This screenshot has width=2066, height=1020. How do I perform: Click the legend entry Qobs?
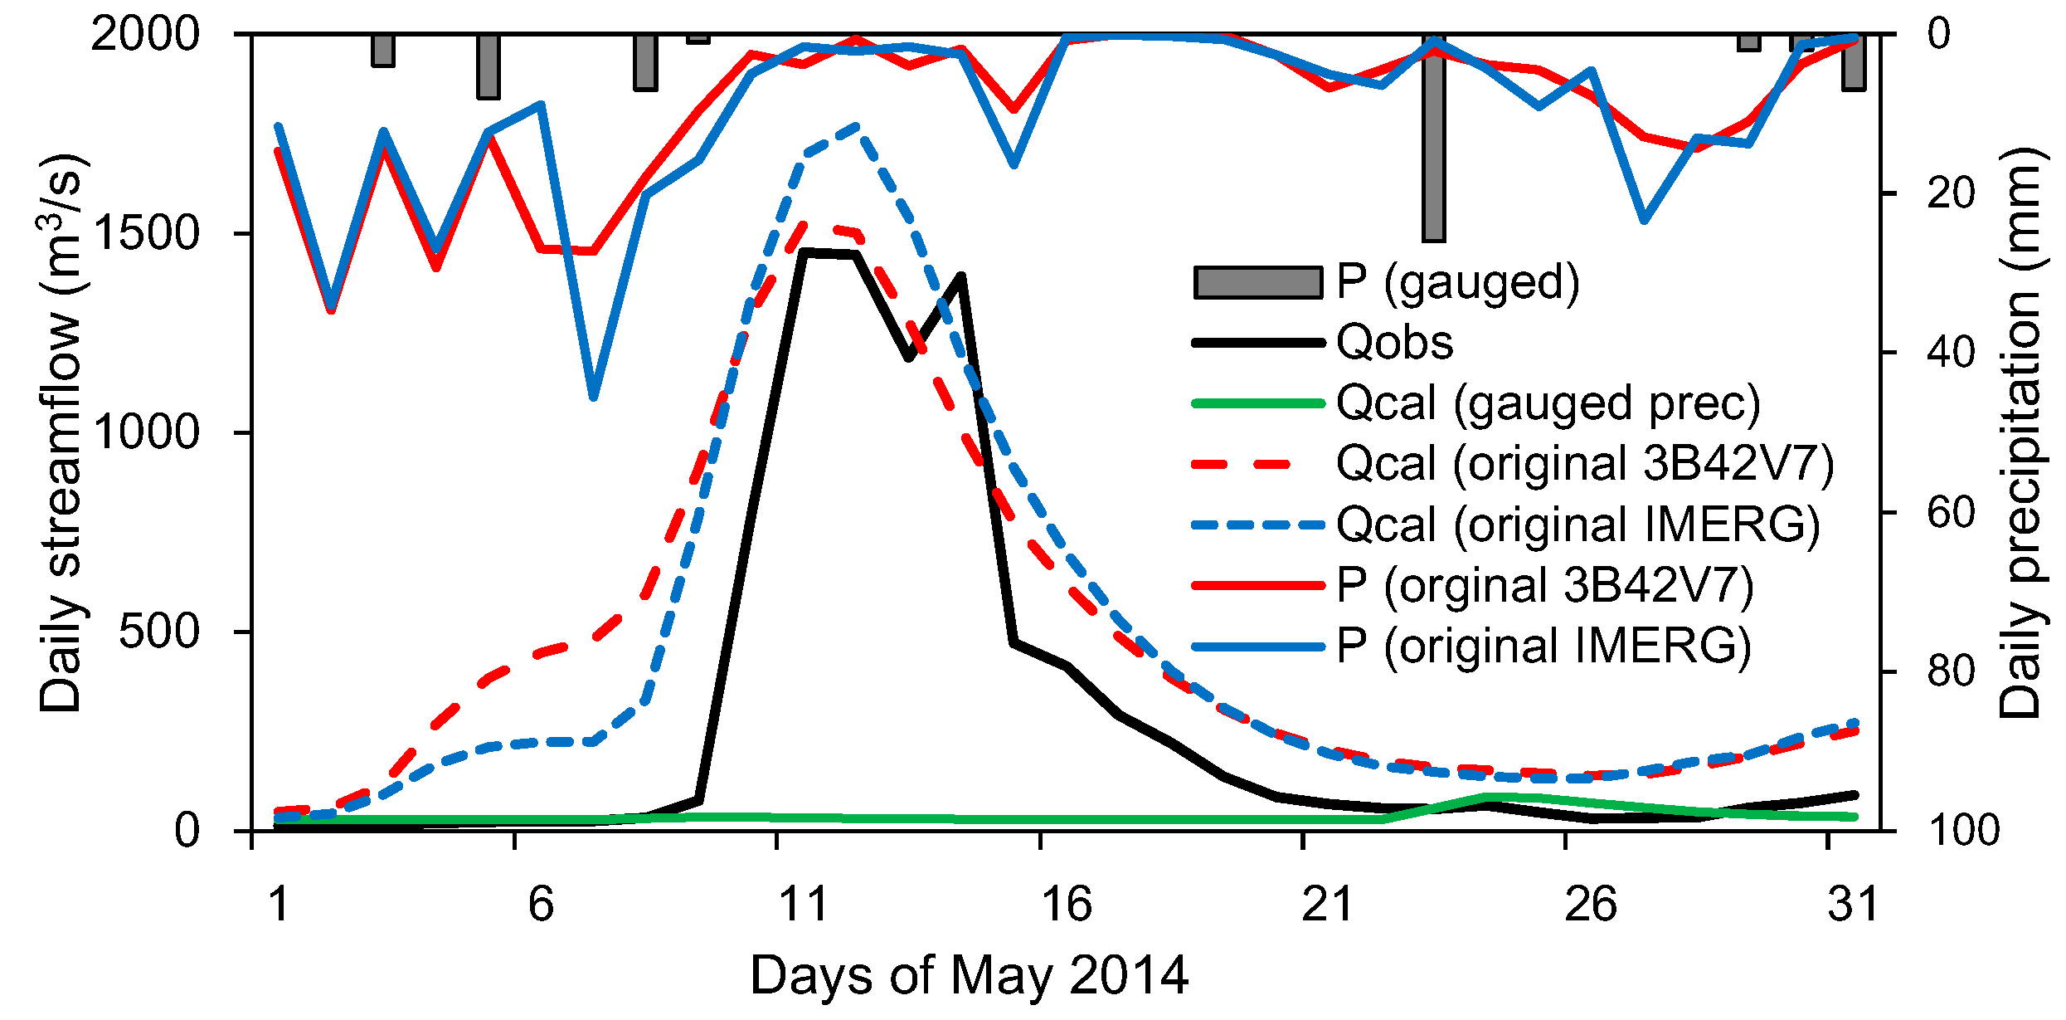click(1394, 342)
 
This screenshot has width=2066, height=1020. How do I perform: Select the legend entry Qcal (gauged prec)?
click(1548, 403)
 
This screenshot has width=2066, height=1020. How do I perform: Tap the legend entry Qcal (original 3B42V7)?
click(1584, 463)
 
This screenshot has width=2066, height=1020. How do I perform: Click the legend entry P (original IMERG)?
click(1543, 646)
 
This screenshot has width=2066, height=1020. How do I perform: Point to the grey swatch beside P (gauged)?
click(1257, 282)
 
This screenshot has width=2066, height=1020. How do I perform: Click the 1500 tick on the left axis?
click(146, 233)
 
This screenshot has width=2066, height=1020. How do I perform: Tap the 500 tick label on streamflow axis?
click(159, 632)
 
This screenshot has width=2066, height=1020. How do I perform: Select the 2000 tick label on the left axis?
click(146, 35)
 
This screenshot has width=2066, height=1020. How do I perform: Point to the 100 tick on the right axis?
click(1964, 830)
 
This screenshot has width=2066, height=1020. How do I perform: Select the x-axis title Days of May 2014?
click(969, 976)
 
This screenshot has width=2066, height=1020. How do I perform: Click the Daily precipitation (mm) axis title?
click(2020, 432)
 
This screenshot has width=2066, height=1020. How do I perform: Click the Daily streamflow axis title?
click(61, 432)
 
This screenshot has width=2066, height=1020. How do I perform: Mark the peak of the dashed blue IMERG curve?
click(857, 126)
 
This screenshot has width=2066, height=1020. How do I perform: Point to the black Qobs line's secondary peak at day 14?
click(961, 276)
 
